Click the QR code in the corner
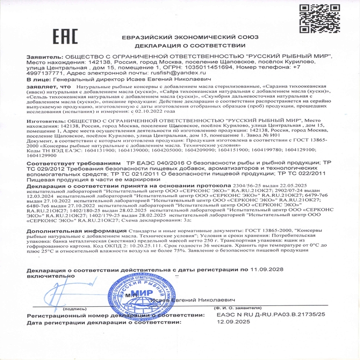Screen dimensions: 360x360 click(317, 18)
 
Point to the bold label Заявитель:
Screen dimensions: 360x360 click(45, 57)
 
